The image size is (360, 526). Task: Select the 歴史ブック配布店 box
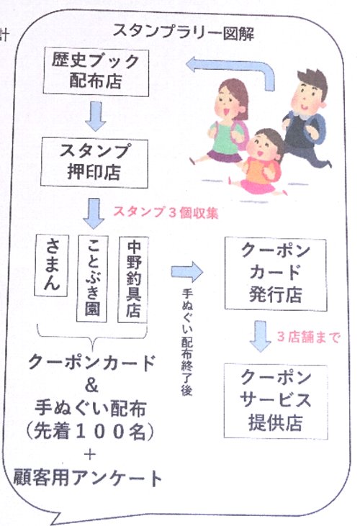[96, 72]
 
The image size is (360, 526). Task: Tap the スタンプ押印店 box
[94, 163]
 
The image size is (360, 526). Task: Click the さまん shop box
[52, 265]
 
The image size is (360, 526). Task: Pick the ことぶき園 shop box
[92, 278]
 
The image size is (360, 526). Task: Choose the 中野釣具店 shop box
[133, 279]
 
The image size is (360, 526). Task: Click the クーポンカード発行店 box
[276, 273]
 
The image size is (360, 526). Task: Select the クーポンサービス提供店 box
[276, 402]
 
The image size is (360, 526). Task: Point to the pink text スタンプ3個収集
[166, 212]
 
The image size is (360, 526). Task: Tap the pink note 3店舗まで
[308, 337]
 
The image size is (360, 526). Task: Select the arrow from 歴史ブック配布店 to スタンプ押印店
[96, 116]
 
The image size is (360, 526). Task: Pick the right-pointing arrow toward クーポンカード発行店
[187, 271]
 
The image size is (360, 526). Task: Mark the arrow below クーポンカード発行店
[260, 336]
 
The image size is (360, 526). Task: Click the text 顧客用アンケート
[87, 478]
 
